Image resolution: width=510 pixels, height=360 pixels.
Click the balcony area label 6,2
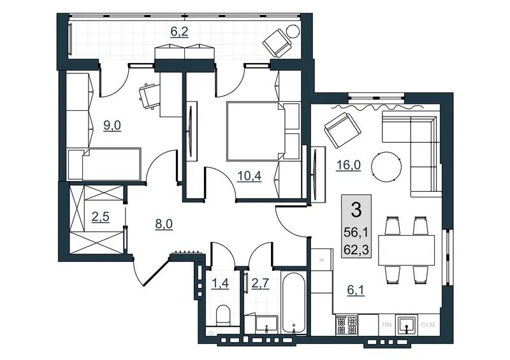point(180,32)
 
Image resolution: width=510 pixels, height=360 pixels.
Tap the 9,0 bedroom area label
point(112,125)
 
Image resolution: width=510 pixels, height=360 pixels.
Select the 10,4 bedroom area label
point(249,176)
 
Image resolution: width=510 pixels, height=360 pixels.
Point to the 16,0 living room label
point(348,165)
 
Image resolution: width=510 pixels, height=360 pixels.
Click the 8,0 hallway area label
point(164,224)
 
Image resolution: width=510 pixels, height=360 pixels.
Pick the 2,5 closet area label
point(101,217)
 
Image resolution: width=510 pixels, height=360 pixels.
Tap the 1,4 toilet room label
point(220,284)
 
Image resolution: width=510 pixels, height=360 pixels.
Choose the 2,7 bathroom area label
point(261,284)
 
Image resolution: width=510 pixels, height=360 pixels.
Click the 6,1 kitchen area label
point(356,290)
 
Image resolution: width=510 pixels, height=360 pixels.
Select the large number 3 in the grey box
point(356,210)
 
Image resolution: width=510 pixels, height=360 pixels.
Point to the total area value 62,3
point(356,250)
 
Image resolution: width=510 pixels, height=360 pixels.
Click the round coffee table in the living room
point(386,166)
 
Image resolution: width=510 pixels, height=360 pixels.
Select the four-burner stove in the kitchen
point(347,324)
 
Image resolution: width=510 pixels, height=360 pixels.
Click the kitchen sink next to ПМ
point(406,324)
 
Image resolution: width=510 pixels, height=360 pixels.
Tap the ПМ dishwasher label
point(387,325)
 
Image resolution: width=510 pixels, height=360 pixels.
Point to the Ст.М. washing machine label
point(428,325)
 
